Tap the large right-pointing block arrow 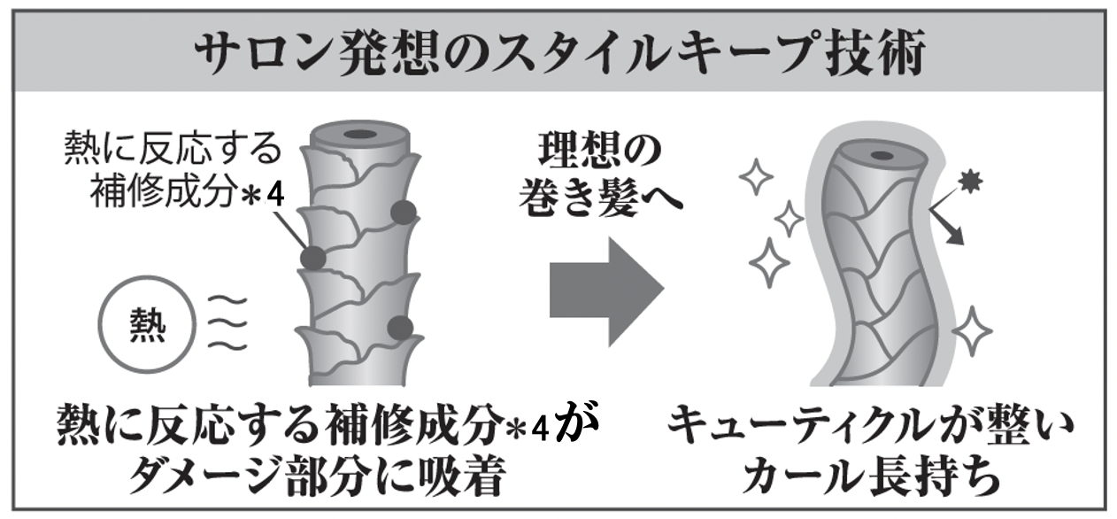pyautogui.click(x=607, y=292)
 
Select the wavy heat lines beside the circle pyautogui.click(x=227, y=323)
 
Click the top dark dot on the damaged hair pyautogui.click(x=403, y=213)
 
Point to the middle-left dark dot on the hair pyautogui.click(x=313, y=259)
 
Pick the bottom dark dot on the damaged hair pyautogui.click(x=400, y=329)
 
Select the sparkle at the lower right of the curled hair pyautogui.click(x=972, y=331)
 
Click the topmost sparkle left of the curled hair pyautogui.click(x=756, y=176)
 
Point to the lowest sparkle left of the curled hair pyautogui.click(x=769, y=262)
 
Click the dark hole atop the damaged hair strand pyautogui.click(x=360, y=135)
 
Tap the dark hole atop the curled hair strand pyautogui.click(x=882, y=156)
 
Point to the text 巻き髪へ pyautogui.click(x=600, y=198)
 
